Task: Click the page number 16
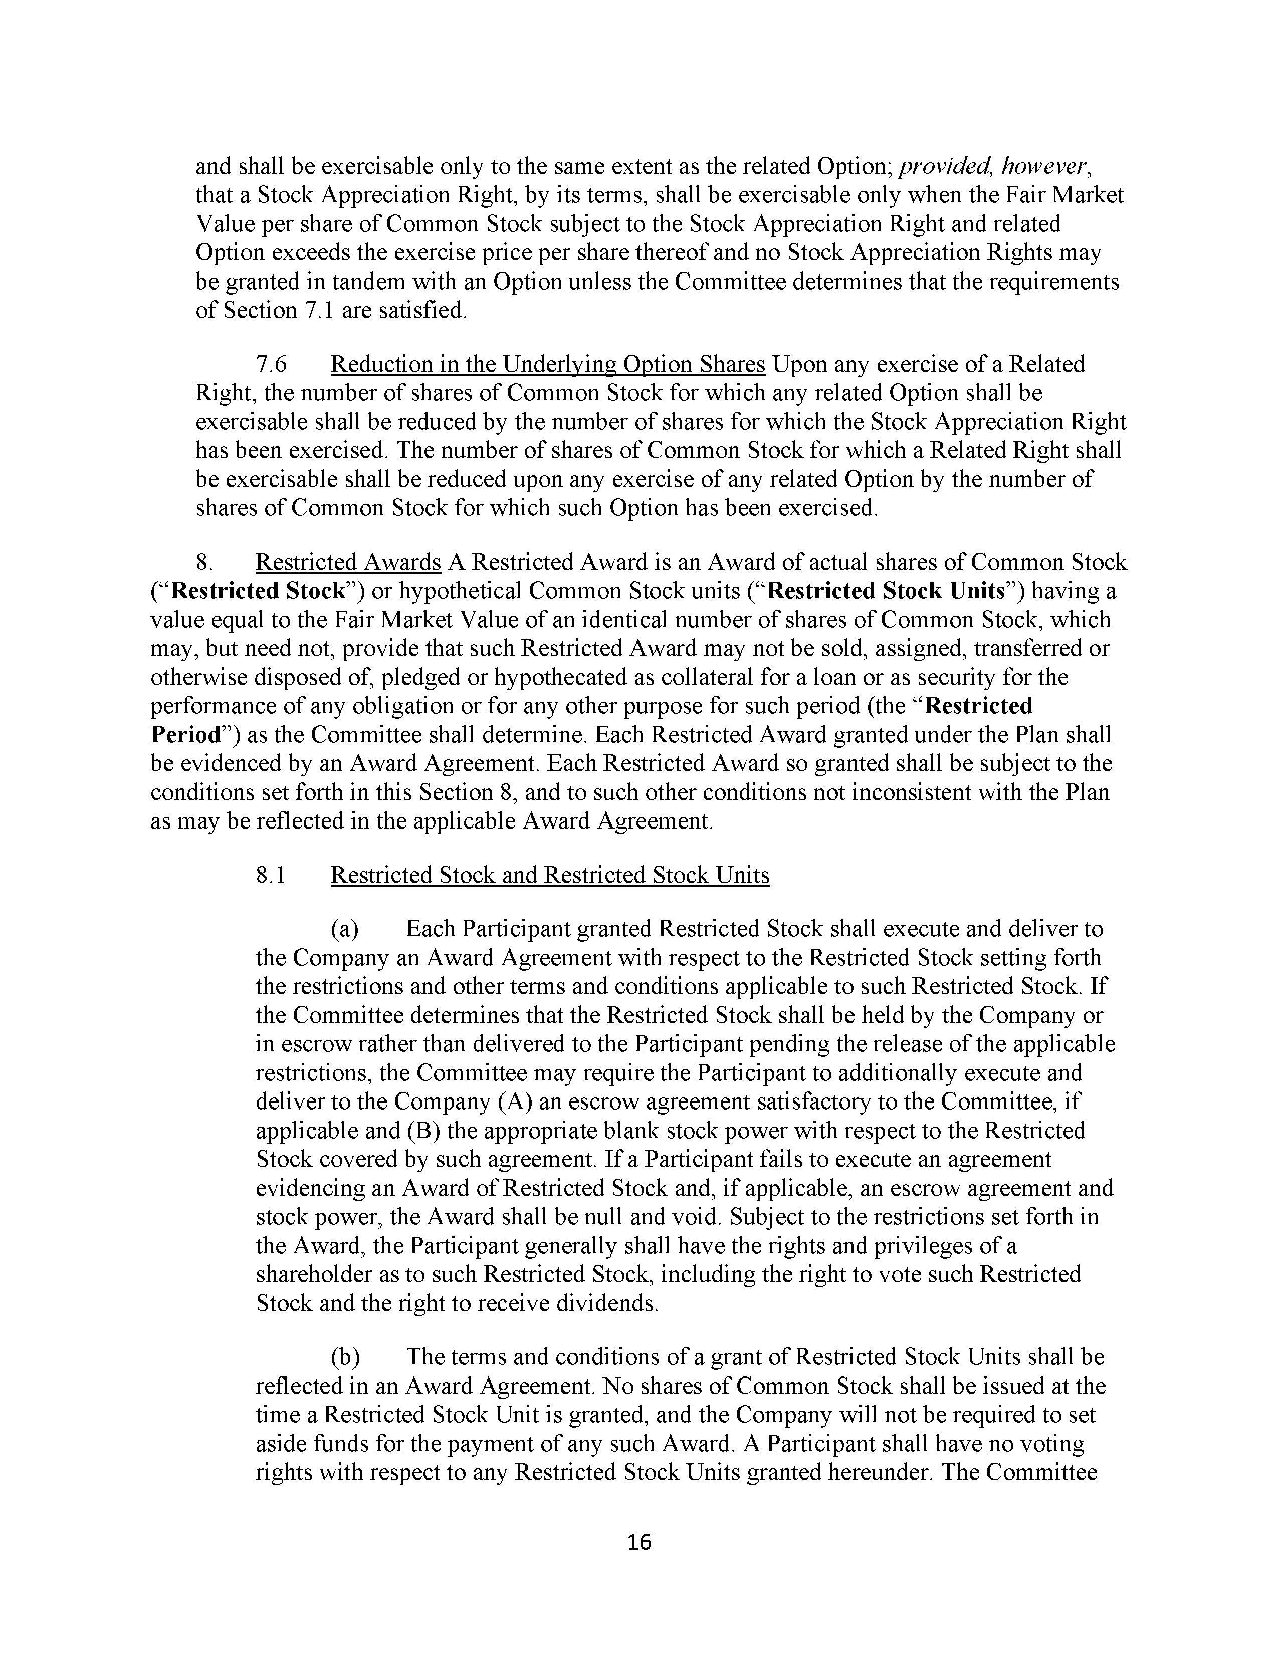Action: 639,1542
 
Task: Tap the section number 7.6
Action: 271,364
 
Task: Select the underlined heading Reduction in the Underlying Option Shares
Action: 548,364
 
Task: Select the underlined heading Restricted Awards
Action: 348,563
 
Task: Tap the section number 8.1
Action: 271,875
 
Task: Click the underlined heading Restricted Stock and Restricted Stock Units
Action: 550,875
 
